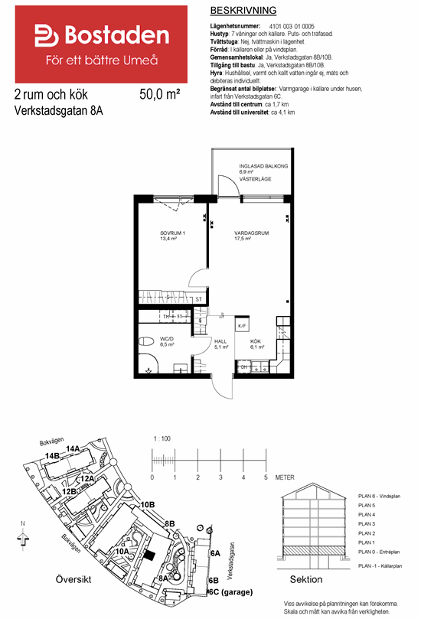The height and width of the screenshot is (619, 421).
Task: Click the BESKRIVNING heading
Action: (242, 10)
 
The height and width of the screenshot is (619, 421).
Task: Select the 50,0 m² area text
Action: (160, 96)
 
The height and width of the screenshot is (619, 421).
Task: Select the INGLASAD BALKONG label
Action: (263, 166)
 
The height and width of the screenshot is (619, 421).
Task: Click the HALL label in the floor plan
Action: (220, 341)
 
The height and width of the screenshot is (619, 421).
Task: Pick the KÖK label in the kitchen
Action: (255, 341)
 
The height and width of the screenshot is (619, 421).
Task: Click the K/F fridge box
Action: (242, 326)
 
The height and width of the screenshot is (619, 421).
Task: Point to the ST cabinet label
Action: (199, 299)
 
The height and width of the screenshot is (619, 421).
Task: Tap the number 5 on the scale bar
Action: (266, 477)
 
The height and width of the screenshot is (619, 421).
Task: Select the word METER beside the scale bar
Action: (285, 477)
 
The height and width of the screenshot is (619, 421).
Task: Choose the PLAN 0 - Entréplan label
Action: (380, 552)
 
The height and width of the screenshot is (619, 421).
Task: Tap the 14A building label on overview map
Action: (73, 448)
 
